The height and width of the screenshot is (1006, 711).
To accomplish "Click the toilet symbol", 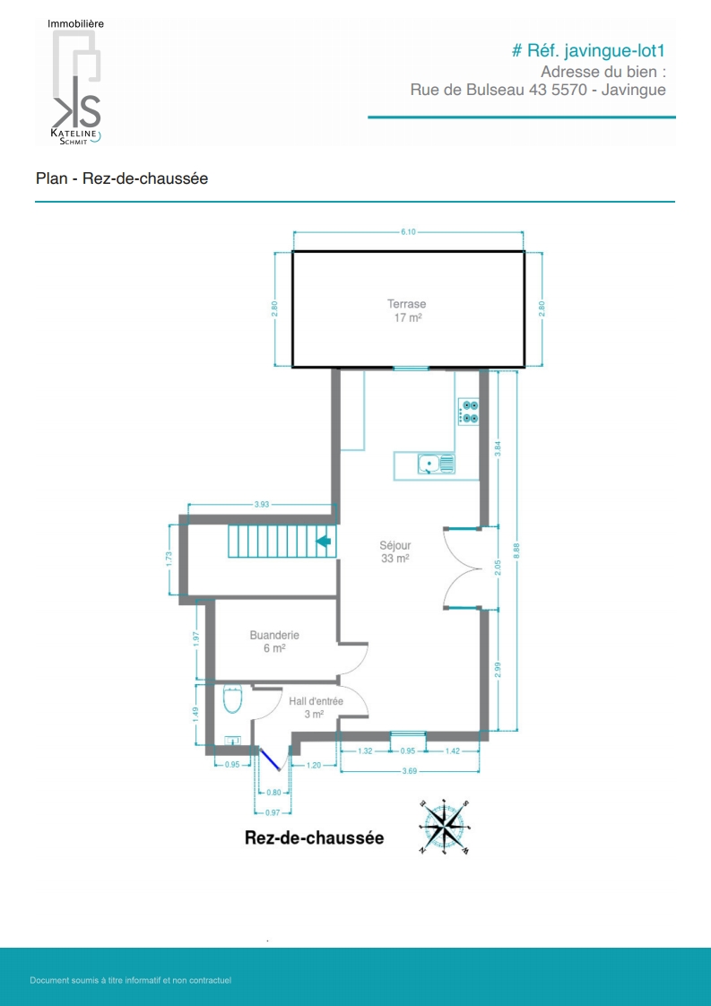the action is (231, 698).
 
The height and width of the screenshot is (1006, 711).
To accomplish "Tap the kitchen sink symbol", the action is (437, 464).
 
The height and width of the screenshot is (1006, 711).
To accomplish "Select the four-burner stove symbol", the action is (469, 412).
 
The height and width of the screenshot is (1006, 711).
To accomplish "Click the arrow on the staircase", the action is (324, 542).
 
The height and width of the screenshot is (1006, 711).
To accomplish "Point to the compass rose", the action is (445, 828).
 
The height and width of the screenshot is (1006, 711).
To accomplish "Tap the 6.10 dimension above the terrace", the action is (408, 231).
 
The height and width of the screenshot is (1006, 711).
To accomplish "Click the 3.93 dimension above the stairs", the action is (261, 504).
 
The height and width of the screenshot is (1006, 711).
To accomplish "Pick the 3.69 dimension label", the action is (410, 771).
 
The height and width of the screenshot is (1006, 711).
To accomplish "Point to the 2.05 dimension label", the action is (499, 567).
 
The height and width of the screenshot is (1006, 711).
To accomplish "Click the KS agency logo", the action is (75, 83).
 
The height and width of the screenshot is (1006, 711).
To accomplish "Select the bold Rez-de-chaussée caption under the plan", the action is (315, 838).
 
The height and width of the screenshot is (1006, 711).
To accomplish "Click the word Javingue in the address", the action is (633, 90).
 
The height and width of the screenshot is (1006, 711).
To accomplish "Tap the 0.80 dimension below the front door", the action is (273, 793).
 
